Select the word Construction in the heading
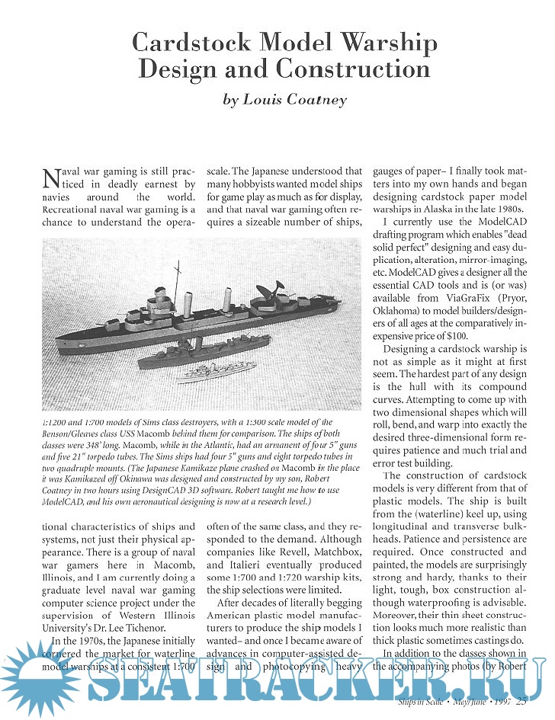353,70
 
